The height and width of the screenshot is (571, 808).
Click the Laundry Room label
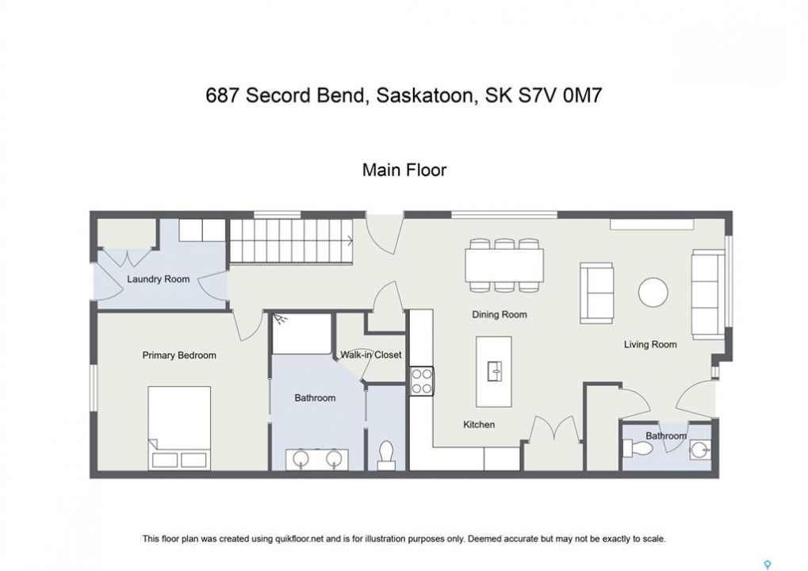159,279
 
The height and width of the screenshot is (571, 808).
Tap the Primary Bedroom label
179,355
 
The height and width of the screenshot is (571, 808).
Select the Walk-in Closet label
370,354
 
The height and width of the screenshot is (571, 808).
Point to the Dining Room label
500,314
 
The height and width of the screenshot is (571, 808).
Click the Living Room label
650,344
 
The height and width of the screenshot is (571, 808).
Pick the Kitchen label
479,424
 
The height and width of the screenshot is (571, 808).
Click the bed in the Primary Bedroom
179,427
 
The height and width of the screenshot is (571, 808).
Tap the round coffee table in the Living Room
653,292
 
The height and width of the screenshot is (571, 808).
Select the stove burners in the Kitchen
422,381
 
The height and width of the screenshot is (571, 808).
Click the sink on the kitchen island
494,370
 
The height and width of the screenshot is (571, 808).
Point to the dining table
504,266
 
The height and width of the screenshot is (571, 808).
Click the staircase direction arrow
350,240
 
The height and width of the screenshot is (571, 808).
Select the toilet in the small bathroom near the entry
638,448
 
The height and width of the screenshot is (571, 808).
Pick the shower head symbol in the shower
280,320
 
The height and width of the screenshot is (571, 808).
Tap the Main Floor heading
404,170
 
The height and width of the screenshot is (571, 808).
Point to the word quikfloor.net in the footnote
301,539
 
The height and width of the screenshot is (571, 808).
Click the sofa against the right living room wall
707,294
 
